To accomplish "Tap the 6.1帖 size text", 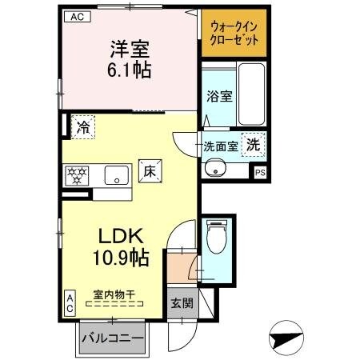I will pos(128,70).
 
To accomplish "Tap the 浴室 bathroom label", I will pos(218,97).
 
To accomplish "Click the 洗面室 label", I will pos(219,146).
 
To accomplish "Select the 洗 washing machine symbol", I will pos(253,146).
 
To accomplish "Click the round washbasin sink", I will pos(214,168).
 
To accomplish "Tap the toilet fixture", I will pos(214,238).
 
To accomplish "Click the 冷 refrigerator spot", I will pos(82,126).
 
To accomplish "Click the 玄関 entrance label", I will pos(181,303).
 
